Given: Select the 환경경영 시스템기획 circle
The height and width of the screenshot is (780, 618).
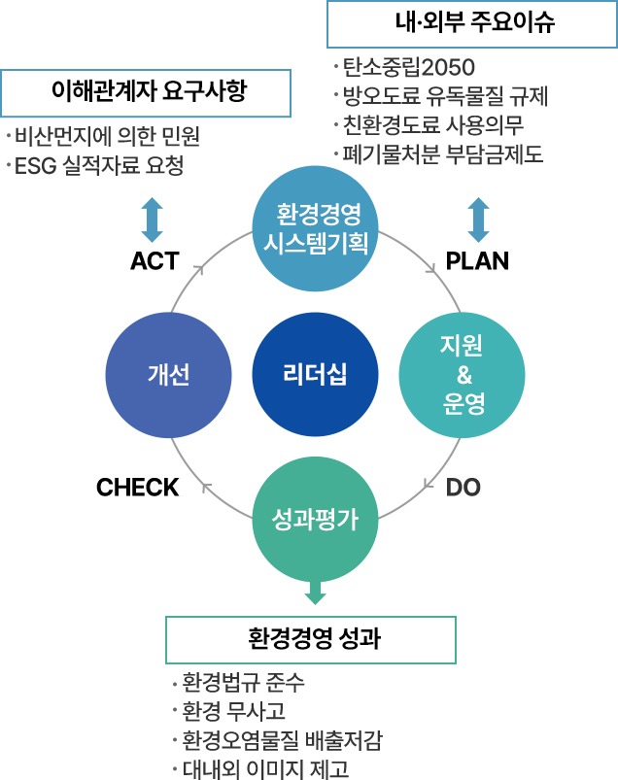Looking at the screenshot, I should (315, 227).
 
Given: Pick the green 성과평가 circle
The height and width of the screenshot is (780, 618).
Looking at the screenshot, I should (315, 521).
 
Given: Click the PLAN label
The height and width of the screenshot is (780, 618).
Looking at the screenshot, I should (477, 261).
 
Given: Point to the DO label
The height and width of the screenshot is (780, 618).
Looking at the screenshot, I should (463, 487).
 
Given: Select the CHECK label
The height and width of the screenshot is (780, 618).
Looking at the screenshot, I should (138, 487).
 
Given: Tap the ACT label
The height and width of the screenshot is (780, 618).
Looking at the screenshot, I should (154, 261).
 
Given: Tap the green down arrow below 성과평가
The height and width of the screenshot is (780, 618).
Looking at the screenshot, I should (315, 592).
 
